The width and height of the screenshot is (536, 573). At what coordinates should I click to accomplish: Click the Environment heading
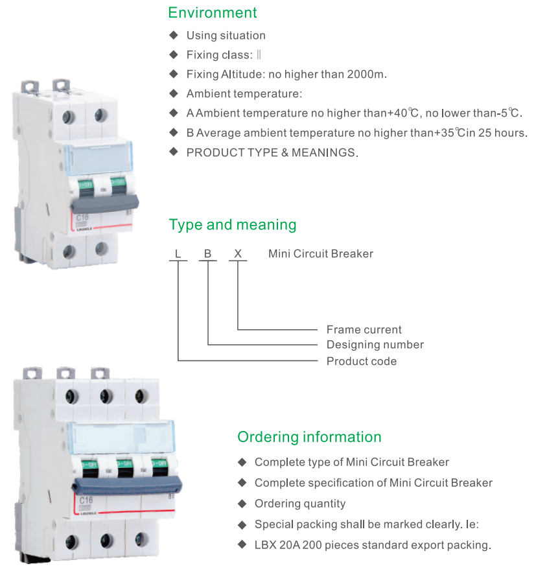coord(212,13)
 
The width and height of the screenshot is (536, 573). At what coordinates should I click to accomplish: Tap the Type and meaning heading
coord(232,225)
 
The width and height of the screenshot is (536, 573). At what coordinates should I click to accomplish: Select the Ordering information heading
coord(309,437)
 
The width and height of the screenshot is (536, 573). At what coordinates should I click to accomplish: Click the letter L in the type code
coord(178,253)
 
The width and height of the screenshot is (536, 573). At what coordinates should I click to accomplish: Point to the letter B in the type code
coord(207,253)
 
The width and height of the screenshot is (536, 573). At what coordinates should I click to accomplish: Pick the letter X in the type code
coord(238,253)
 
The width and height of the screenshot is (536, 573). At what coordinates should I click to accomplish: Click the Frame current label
coord(364,329)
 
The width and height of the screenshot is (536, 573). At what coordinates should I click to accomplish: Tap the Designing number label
coord(375,345)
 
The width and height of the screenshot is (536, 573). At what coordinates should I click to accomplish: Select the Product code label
coord(361,361)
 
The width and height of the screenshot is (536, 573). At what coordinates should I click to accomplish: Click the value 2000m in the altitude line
coord(367,74)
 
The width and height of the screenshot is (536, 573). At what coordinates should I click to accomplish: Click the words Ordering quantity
coord(299,504)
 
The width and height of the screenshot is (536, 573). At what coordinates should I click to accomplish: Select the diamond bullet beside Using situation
coord(173,35)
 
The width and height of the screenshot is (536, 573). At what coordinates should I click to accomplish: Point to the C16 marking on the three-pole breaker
coord(86,500)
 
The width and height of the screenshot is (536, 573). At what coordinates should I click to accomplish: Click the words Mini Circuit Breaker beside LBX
coord(320,253)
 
